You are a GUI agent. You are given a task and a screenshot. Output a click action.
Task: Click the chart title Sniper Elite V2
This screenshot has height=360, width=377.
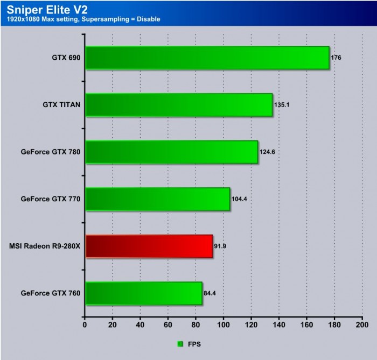pos(40,9)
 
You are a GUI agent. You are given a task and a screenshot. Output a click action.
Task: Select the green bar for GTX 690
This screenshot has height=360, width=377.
pos(207,58)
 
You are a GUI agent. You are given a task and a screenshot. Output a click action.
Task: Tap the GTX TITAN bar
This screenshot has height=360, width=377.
pos(178,105)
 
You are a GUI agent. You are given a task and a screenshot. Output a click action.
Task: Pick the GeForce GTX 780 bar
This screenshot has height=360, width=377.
pos(171,152)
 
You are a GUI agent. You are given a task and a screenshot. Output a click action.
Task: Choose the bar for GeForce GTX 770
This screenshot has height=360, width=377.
pos(157,199)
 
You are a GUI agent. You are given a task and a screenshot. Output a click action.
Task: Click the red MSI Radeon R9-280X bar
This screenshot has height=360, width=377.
pos(149,246)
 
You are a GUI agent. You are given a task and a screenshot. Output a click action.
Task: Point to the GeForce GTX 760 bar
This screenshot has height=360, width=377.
pos(143,293)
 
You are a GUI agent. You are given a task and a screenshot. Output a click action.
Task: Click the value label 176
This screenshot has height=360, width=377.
pos(336,58)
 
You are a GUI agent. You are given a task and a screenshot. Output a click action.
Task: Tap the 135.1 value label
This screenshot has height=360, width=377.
pos(282,105)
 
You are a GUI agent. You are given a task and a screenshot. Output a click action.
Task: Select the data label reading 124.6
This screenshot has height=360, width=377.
pos(268,152)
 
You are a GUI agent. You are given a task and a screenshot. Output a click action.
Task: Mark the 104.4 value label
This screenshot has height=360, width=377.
pos(240,199)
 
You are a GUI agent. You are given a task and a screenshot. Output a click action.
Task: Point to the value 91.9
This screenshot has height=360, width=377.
pos(220,246)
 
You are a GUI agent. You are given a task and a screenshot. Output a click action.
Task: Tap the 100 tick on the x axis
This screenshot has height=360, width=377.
pos(223,325)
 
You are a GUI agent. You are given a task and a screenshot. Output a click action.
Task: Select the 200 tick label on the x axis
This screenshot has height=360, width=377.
pos(362,325)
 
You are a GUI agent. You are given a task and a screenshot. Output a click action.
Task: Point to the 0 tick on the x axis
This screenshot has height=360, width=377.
pos(85,325)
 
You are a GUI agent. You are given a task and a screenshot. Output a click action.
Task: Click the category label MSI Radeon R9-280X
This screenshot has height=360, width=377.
pos(45,246)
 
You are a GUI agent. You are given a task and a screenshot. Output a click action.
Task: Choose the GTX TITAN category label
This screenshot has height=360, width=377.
pos(61,105)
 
